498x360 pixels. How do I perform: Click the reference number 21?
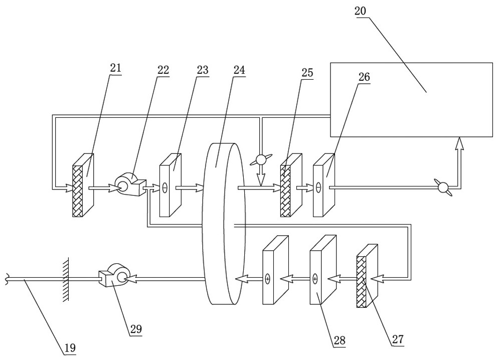115,69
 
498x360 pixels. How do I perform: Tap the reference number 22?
163,70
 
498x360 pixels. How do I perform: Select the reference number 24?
239,70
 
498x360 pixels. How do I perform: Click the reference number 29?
136,329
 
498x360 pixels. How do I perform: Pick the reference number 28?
339,341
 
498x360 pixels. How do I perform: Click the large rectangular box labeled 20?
411,99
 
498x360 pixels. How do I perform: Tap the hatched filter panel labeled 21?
83,185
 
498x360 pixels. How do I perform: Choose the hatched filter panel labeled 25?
290,186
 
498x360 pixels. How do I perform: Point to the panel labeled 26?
323,186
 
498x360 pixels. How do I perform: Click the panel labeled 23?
170,185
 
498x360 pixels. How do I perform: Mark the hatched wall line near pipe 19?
65,279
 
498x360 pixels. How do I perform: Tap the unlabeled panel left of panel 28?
275,270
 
